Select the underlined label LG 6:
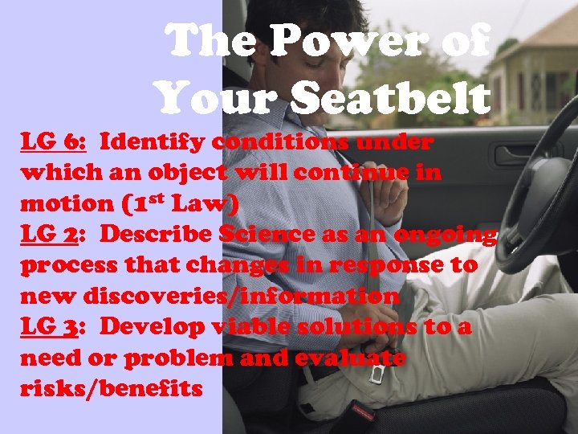click(53, 143)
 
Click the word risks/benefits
click(112, 389)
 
